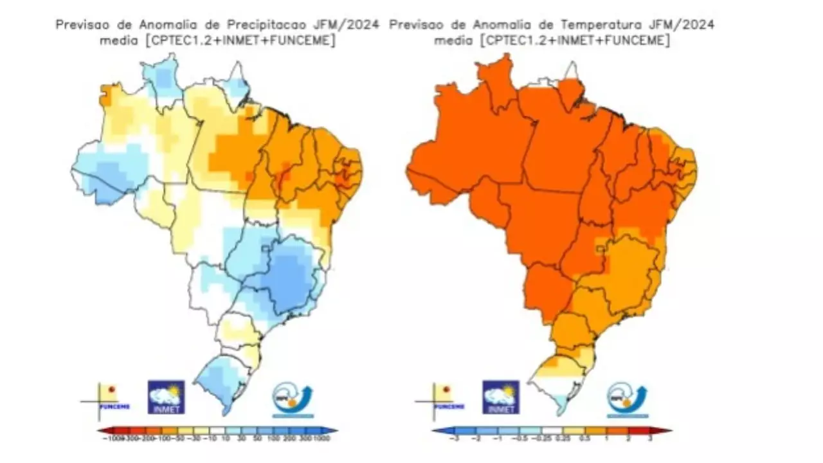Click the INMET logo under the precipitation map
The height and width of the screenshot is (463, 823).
(167, 397)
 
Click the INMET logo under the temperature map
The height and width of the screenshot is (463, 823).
(502, 397)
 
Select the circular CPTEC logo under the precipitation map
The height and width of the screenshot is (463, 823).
(292, 398)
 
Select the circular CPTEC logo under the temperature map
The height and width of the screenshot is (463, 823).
(627, 398)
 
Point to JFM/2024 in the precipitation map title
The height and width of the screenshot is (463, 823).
(347, 24)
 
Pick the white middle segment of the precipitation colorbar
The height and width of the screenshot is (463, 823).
(217, 431)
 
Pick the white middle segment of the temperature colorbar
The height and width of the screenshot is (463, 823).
(552, 431)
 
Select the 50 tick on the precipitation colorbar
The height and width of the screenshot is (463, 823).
(256, 438)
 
